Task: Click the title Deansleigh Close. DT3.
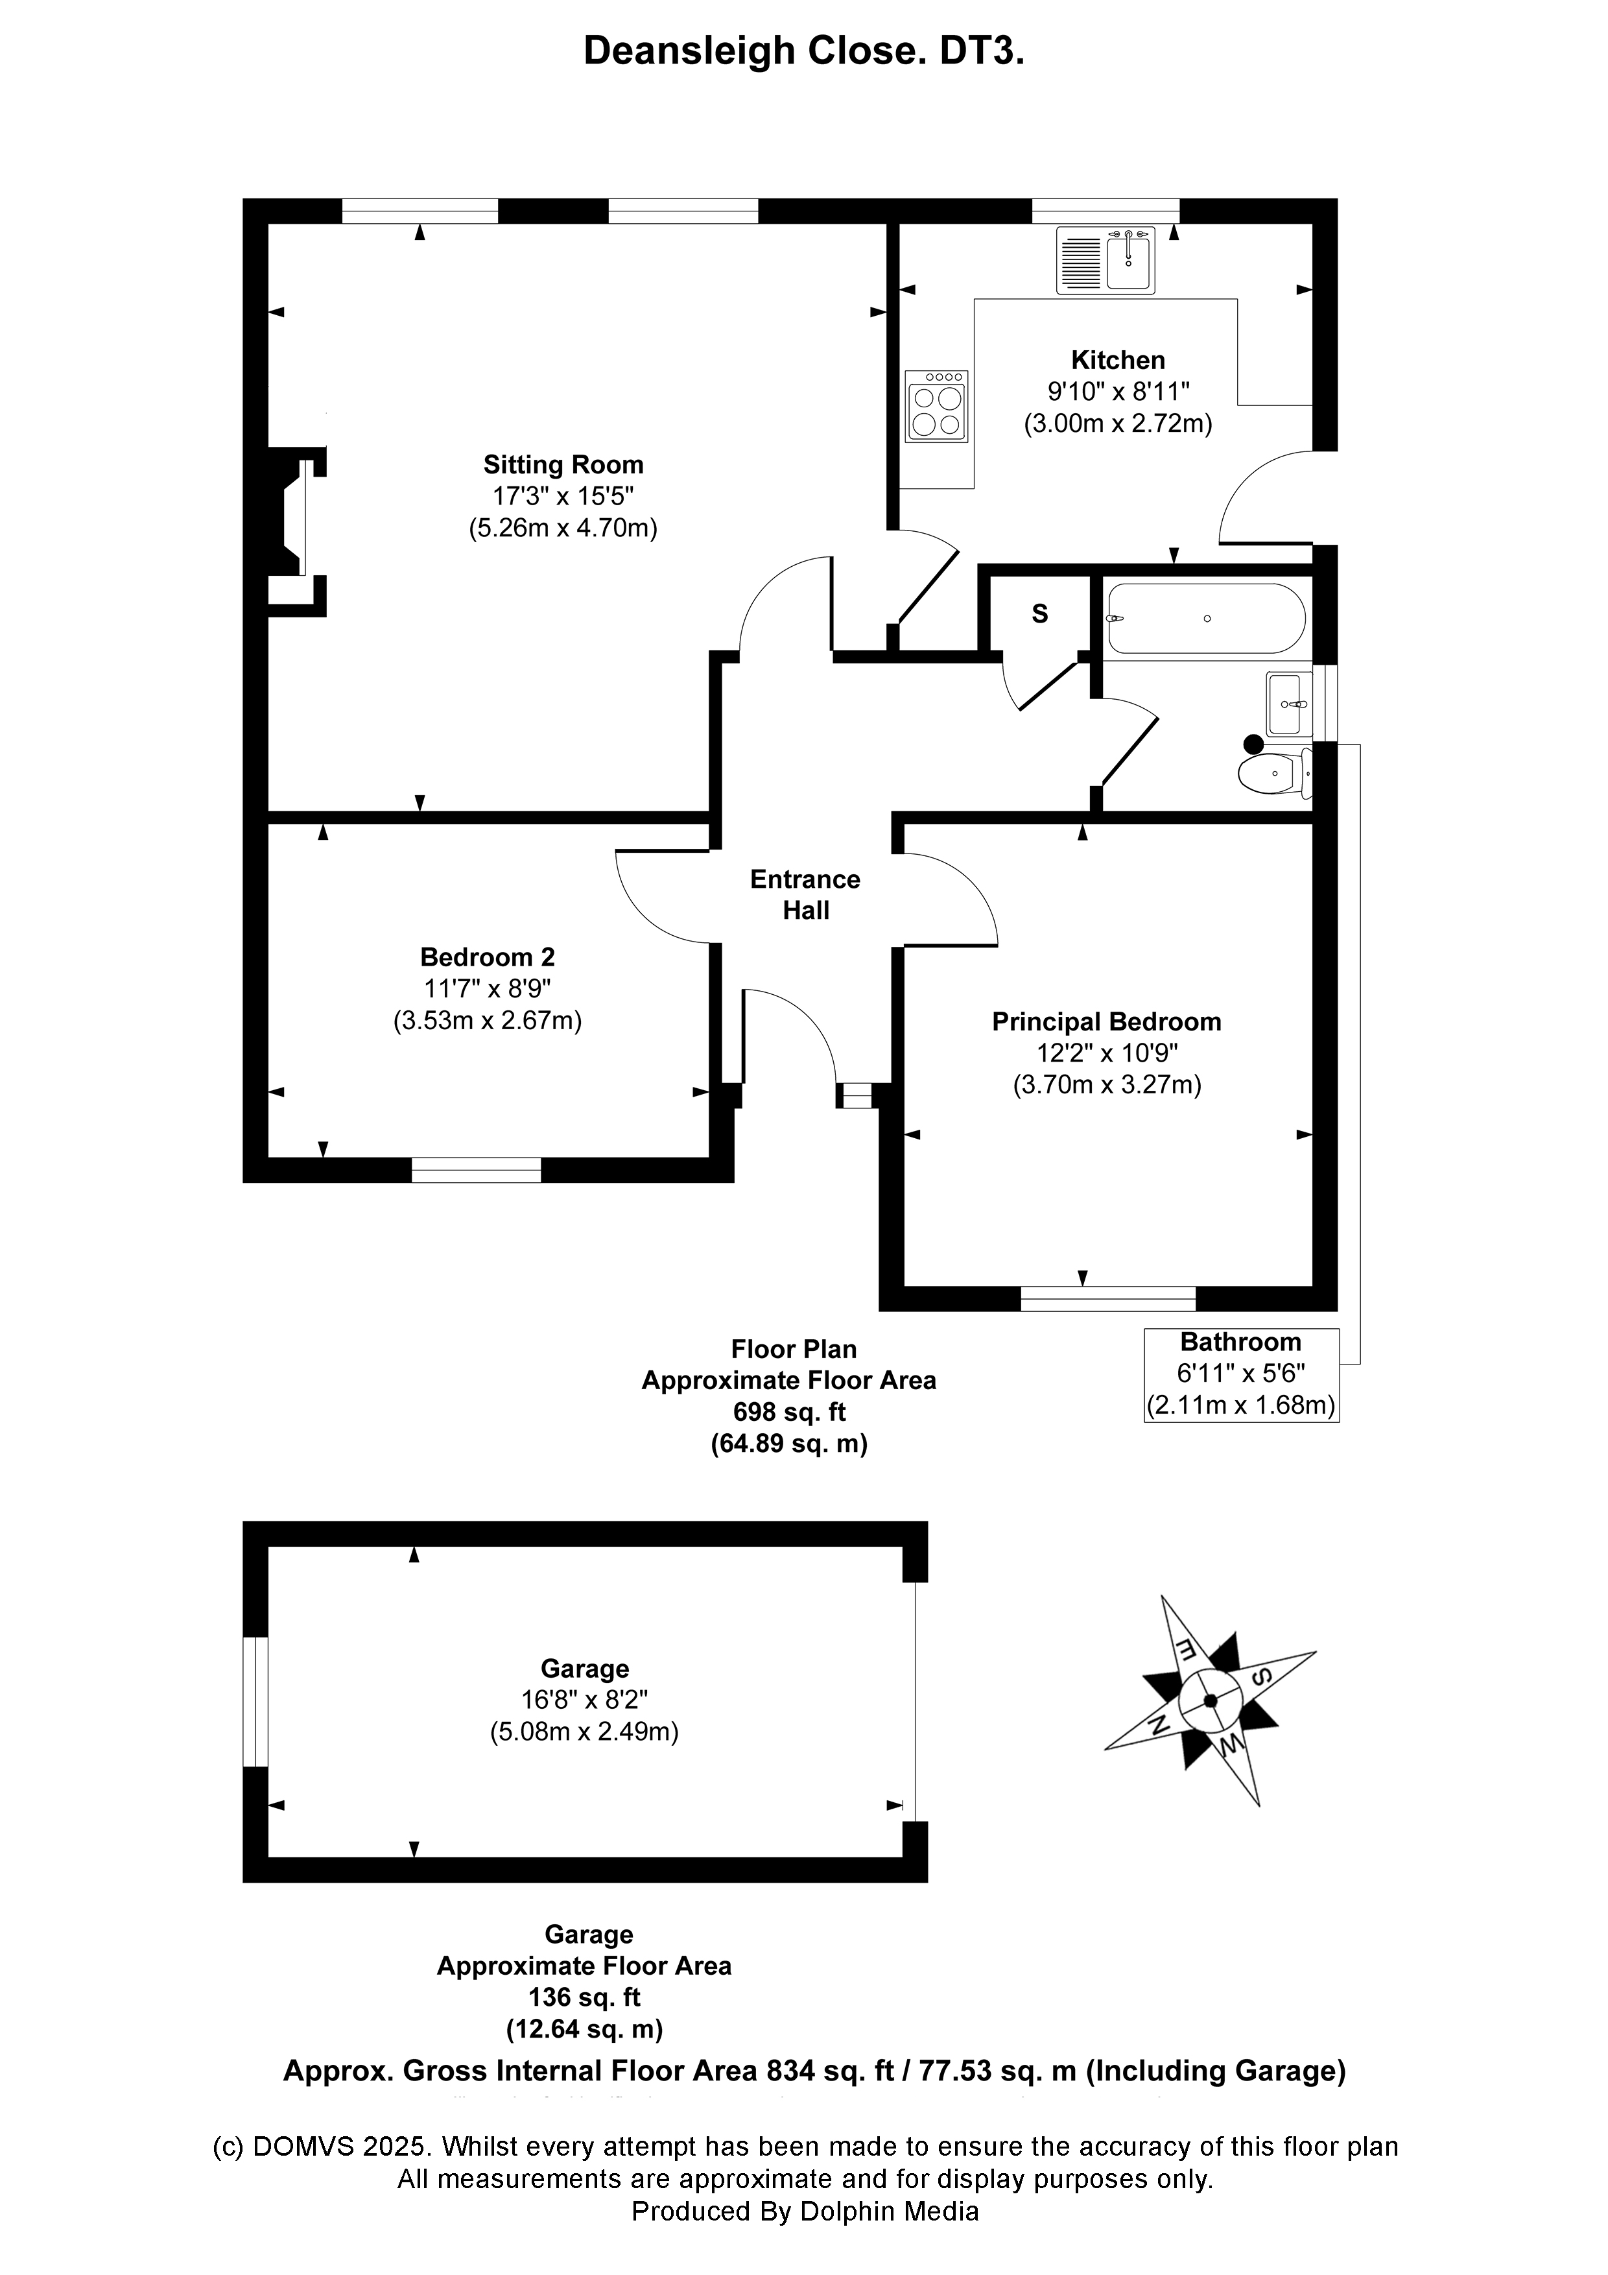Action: pyautogui.click(x=803, y=51)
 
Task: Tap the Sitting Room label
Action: pyautogui.click(x=563, y=465)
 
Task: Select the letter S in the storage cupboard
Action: pyautogui.click(x=1039, y=614)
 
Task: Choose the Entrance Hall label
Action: pyautogui.click(x=805, y=895)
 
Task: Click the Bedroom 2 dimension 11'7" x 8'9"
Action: pyautogui.click(x=488, y=989)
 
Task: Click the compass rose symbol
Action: pyautogui.click(x=1210, y=1701)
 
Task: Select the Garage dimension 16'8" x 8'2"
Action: pyautogui.click(x=585, y=1700)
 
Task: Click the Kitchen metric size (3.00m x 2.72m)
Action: pyautogui.click(x=1118, y=424)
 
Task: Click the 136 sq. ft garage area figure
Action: pyautogui.click(x=585, y=1997)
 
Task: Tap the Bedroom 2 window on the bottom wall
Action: pyautogui.click(x=477, y=1169)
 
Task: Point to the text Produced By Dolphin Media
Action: pyautogui.click(x=805, y=2211)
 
